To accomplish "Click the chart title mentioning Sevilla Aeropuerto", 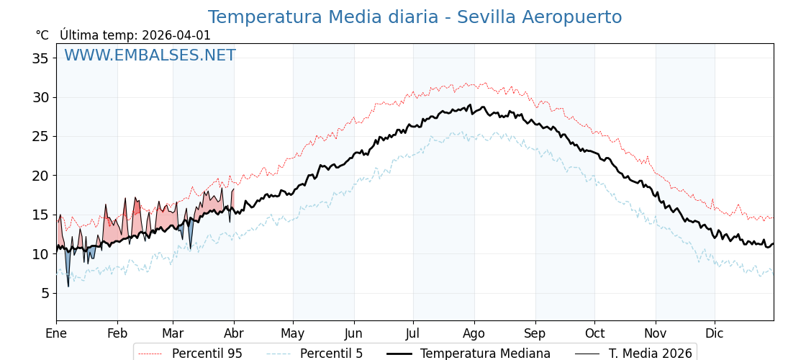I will (x=415, y=17).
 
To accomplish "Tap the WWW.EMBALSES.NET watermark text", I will (x=150, y=55).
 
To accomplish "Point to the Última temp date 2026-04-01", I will (x=176, y=35).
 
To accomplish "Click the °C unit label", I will (x=42, y=35).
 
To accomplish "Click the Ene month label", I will (x=56, y=333).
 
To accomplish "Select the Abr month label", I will (x=234, y=333).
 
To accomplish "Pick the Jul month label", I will (x=413, y=333).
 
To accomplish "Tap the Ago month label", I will (x=474, y=333).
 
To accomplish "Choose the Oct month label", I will (x=594, y=333).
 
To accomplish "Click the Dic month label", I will (x=715, y=333).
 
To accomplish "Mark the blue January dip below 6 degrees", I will (x=68, y=285).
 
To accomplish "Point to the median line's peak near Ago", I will (x=471, y=105).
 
